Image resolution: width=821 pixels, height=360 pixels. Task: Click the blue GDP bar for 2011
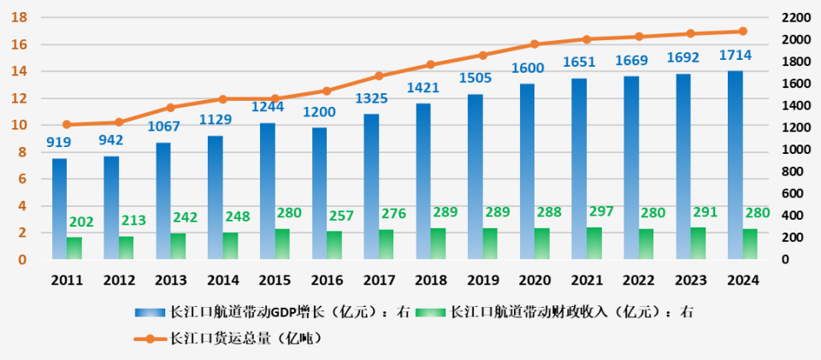59,205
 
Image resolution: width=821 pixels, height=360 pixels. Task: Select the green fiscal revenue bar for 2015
282,245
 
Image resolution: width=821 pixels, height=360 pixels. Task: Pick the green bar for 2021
594,244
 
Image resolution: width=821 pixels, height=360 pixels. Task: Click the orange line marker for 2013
170,108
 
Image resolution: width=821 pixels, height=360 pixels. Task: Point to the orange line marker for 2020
535,44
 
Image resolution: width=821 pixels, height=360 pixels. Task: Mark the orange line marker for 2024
742,32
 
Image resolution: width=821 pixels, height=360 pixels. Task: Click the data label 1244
268,108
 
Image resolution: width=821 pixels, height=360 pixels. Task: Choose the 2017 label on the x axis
379,280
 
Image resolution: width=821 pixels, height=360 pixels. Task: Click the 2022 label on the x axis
639,280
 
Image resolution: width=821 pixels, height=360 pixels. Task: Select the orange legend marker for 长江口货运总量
151,339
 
